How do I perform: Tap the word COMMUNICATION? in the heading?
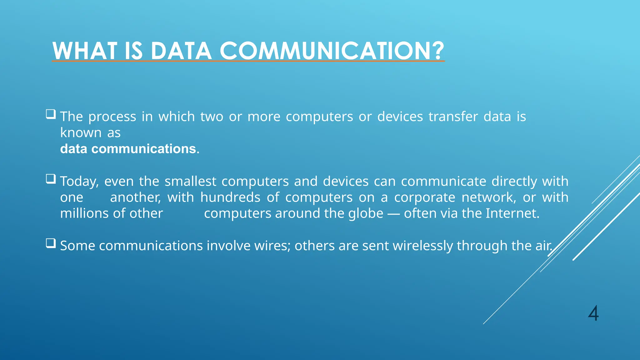[332, 51]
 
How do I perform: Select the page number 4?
[593, 313]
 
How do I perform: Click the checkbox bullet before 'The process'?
[51, 114]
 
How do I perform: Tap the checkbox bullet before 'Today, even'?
[51, 179]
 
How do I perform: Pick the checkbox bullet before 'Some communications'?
[51, 243]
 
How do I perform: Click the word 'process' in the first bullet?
[112, 117]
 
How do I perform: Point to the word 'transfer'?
[453, 117]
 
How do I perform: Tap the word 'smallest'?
[190, 182]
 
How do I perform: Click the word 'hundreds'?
[230, 197]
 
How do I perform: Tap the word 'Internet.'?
[512, 213]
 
